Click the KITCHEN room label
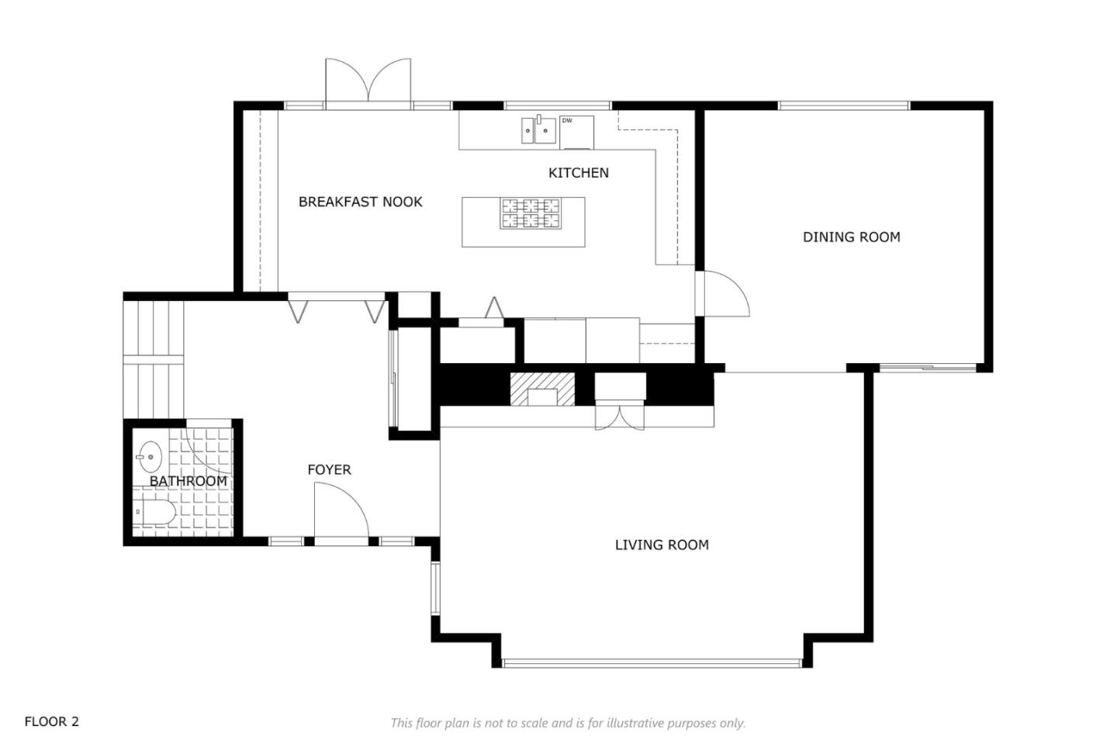click(579, 173)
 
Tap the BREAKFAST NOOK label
click(361, 202)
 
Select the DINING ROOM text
click(852, 237)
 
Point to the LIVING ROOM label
click(662, 545)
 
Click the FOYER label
click(329, 469)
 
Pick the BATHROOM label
click(188, 481)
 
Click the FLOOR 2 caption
click(52, 722)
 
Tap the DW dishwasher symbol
click(576, 132)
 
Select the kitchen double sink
click(539, 130)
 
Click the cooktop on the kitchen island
click(531, 213)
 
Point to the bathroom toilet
click(154, 512)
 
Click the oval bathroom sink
click(150, 456)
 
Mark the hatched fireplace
click(542, 389)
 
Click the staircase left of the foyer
click(154, 359)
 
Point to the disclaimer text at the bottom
click(568, 723)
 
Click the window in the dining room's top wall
click(844, 106)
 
